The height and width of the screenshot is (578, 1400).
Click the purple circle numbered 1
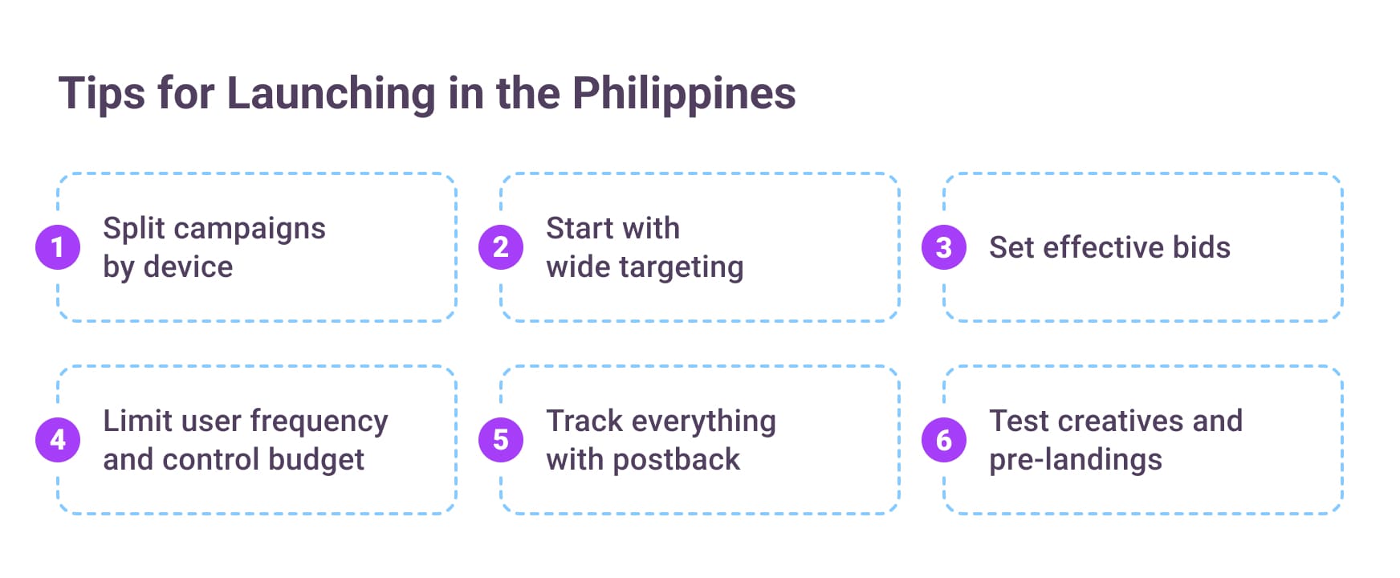point(58,247)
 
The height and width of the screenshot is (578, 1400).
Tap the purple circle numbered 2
point(501,247)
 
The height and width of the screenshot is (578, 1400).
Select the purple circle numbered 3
point(944,247)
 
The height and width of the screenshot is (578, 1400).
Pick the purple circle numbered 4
point(58,440)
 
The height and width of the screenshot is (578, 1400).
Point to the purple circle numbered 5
point(501,440)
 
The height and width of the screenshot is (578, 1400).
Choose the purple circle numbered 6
point(944,440)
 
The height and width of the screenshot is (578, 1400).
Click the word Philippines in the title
point(683,94)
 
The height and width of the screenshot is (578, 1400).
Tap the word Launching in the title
point(331,94)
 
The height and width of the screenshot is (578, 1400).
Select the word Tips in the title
point(102,94)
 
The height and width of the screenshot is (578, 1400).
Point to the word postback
point(676,460)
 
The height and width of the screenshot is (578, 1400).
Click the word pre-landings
point(1075,461)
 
